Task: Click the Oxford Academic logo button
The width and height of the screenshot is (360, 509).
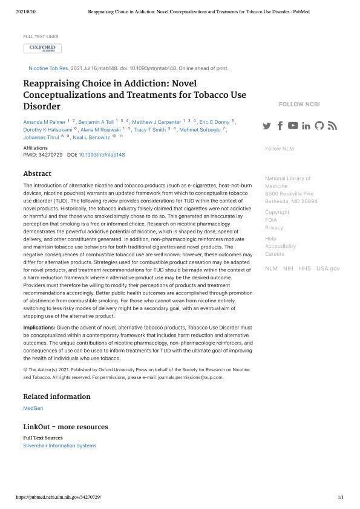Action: (42, 48)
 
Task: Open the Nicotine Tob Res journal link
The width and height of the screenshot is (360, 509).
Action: (49, 68)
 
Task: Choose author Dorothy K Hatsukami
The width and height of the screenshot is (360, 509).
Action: (47, 130)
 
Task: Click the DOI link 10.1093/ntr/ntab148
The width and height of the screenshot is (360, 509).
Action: (102, 155)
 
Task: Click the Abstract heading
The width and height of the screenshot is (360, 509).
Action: (37, 173)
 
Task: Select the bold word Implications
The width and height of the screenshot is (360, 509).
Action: (39, 327)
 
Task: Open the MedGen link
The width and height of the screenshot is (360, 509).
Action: (33, 409)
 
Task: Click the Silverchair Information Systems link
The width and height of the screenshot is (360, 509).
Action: (59, 446)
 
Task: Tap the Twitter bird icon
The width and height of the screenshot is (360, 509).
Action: (267, 126)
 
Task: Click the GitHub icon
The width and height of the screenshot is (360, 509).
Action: (319, 126)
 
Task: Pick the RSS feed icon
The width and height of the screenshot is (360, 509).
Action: (332, 126)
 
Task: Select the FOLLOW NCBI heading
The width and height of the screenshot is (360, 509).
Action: (299, 105)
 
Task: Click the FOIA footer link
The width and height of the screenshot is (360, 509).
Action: (271, 220)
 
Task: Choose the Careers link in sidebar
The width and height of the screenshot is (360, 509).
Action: (275, 254)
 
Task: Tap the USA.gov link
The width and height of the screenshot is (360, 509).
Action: (328, 268)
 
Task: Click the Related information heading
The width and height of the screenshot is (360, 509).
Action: (56, 397)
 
